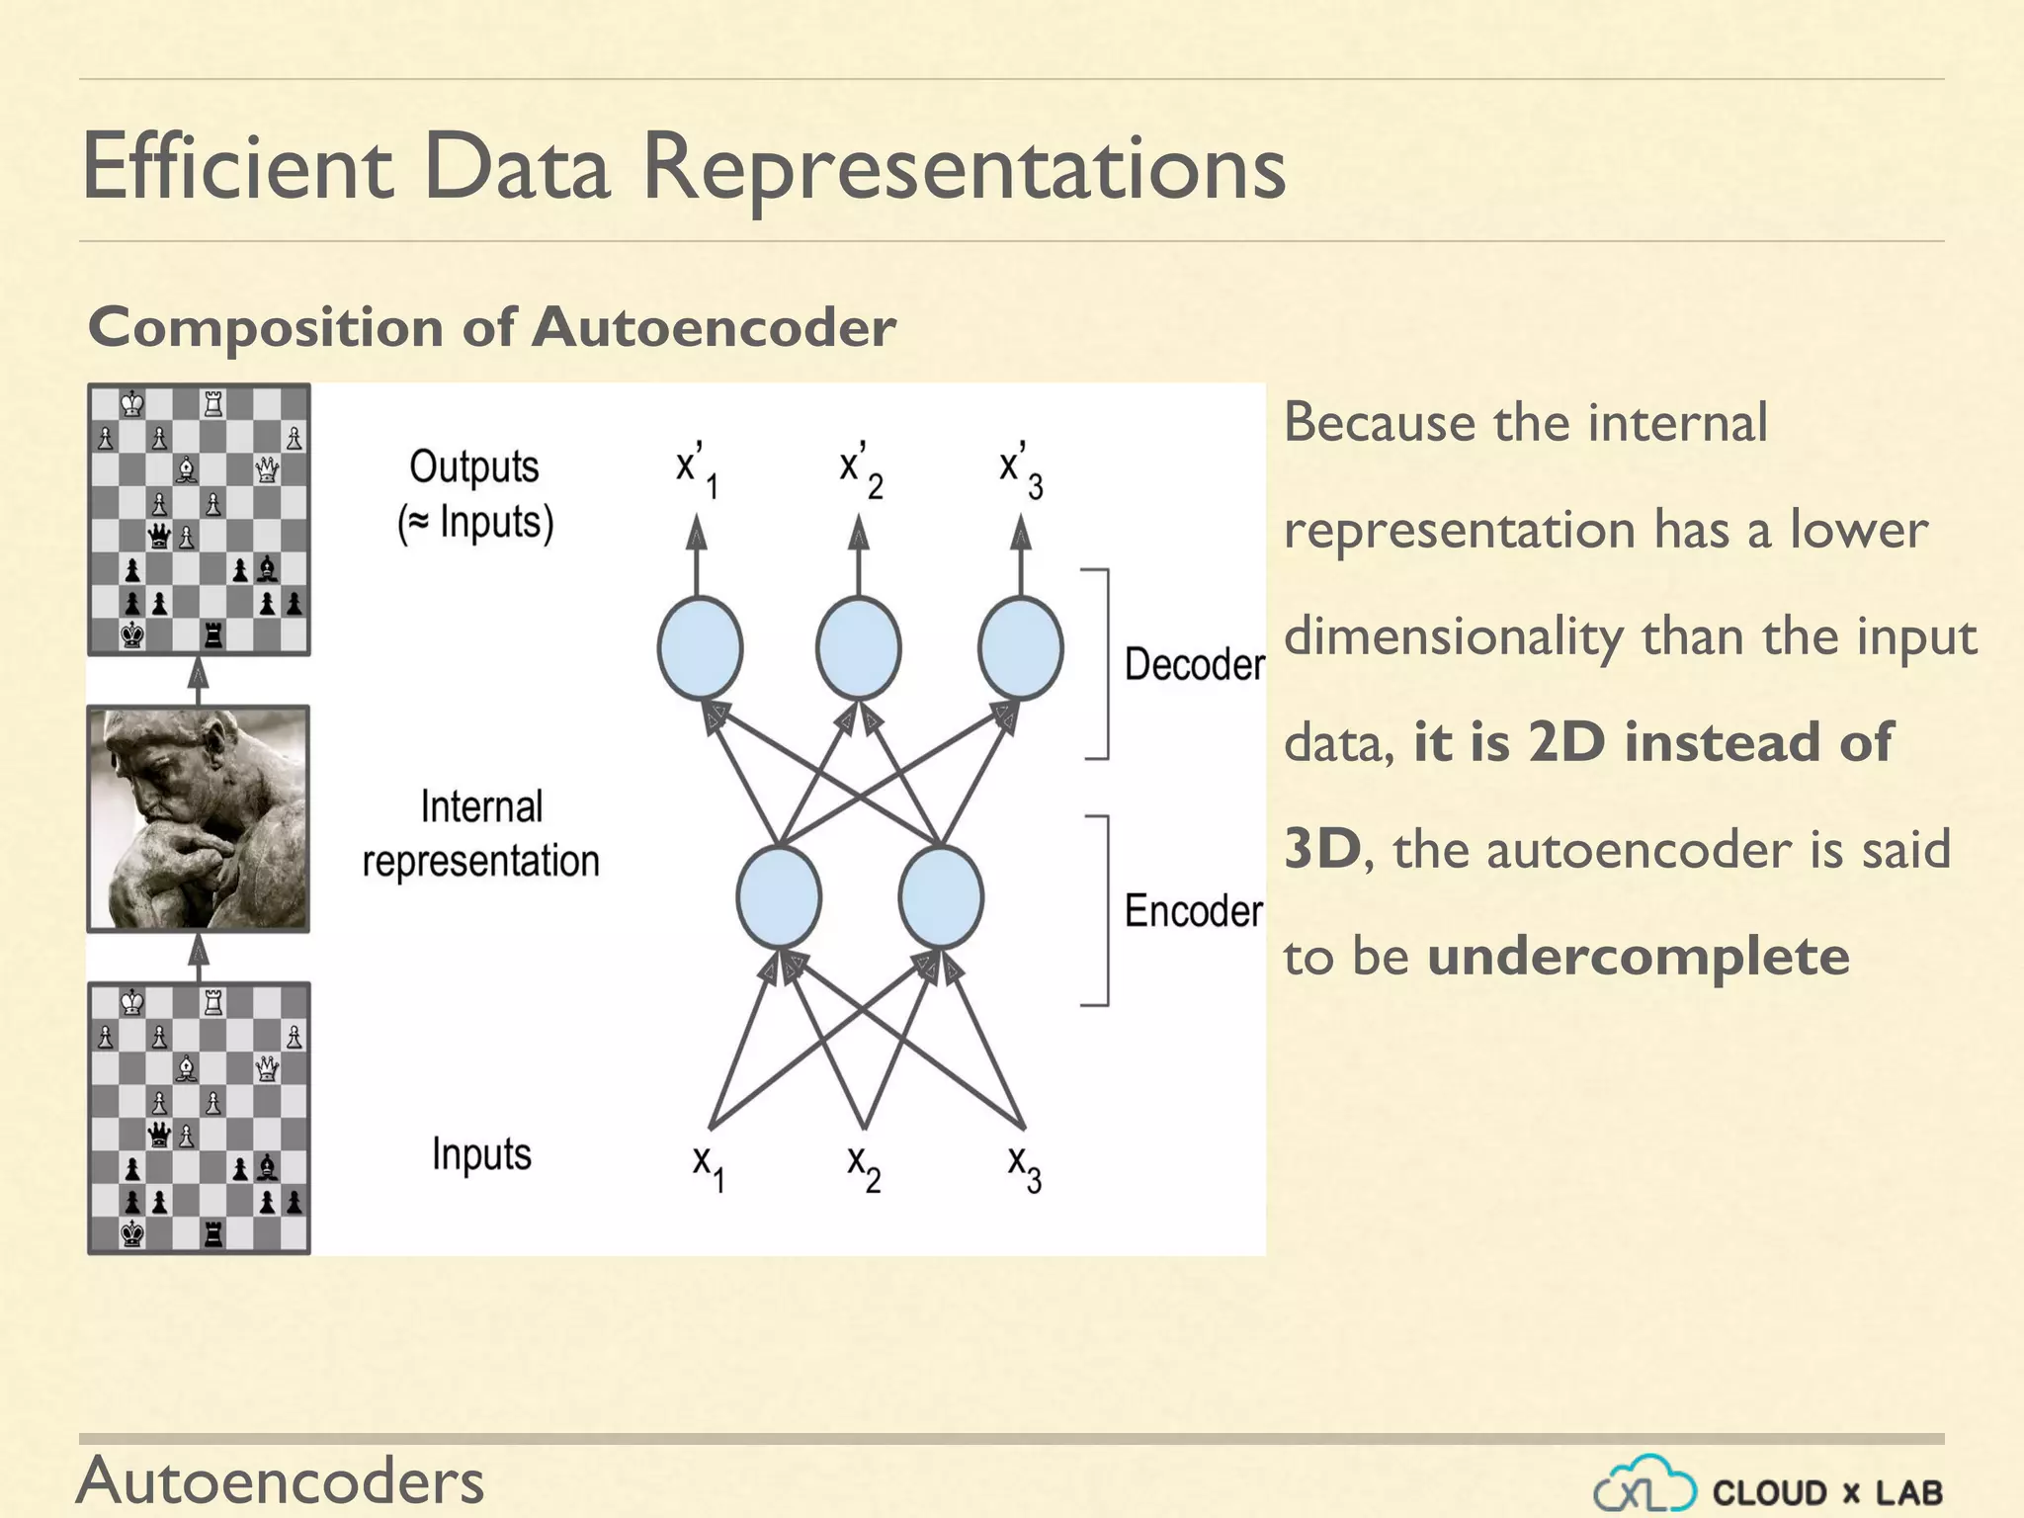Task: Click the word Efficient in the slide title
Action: pos(237,168)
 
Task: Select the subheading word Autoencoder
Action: pos(714,327)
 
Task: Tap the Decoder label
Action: pos(1194,664)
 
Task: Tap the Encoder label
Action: pos(1193,910)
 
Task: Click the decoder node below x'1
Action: pos(700,648)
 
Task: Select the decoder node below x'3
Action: pos(1020,648)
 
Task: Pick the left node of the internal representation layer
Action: pos(779,896)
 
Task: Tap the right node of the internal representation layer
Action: pos(941,896)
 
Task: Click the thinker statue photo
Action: pos(199,818)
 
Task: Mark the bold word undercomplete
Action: pos(1638,957)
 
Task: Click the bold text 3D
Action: pos(1322,849)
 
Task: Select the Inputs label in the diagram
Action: pos(481,1153)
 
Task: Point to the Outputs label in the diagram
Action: pos(474,466)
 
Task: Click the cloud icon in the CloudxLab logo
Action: pos(1645,1485)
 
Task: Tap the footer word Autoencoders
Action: pos(281,1480)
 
